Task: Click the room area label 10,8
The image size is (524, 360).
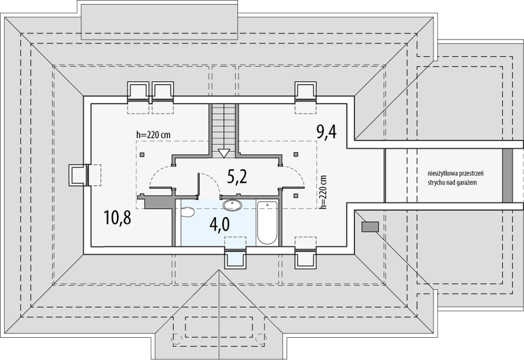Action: [118, 217]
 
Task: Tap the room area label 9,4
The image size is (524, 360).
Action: [326, 131]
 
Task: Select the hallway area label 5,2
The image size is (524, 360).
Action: [237, 176]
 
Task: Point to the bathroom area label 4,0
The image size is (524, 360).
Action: [219, 225]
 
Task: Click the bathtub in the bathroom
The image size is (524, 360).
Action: [267, 222]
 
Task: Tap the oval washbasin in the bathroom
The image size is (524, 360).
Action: [232, 205]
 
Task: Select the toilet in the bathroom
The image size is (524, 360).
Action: [187, 212]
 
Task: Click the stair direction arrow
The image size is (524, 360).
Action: [224, 153]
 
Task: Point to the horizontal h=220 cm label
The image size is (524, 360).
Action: [153, 135]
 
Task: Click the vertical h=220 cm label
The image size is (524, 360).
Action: [323, 192]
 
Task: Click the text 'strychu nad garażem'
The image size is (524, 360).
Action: [452, 182]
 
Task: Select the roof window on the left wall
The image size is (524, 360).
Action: [79, 175]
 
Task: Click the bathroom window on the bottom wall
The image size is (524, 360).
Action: [235, 257]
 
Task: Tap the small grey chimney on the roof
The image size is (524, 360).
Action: [371, 227]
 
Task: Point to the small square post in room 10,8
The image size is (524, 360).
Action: [142, 155]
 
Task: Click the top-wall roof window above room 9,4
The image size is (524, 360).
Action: [305, 91]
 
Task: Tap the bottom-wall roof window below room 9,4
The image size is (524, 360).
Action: [305, 257]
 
